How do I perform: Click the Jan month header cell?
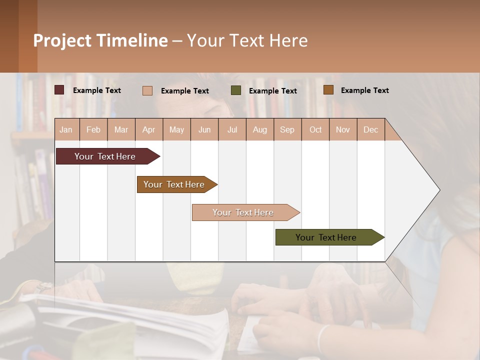click(x=66, y=129)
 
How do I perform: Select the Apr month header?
click(x=149, y=129)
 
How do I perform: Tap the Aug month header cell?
click(x=260, y=129)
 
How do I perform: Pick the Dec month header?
click(x=371, y=129)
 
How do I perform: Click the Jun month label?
click(x=204, y=129)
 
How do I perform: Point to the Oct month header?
click(x=315, y=129)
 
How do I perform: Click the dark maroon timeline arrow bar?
click(x=105, y=156)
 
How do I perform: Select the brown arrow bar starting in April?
click(x=174, y=184)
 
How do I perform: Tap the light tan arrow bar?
click(x=243, y=212)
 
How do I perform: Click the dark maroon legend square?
click(x=59, y=90)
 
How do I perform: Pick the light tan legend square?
click(x=147, y=90)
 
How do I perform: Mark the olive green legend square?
click(x=235, y=90)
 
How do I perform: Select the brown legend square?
click(x=328, y=90)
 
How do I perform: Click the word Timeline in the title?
click(x=131, y=40)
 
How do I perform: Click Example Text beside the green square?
click(x=272, y=91)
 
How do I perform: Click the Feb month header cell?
click(x=93, y=129)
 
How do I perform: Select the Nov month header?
click(x=343, y=129)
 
